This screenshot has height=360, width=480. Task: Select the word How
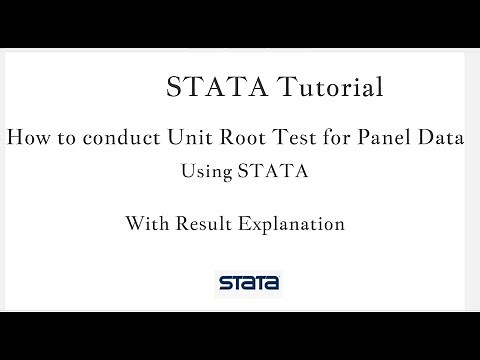[x=26, y=138]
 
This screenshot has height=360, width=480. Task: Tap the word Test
[x=283, y=138]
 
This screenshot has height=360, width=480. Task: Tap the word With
[x=146, y=223]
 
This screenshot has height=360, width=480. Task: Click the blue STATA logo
[x=248, y=283]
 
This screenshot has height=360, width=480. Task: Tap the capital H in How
[x=15, y=138]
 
